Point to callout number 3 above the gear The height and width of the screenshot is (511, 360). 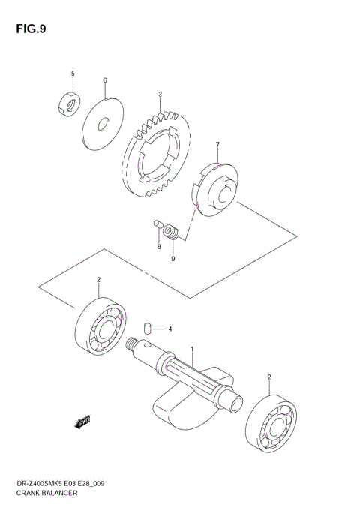160,95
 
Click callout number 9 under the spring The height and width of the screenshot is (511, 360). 172,259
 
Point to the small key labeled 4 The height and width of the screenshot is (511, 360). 148,328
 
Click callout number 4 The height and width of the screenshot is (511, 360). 170,329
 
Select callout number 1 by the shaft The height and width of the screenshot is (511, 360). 193,350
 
